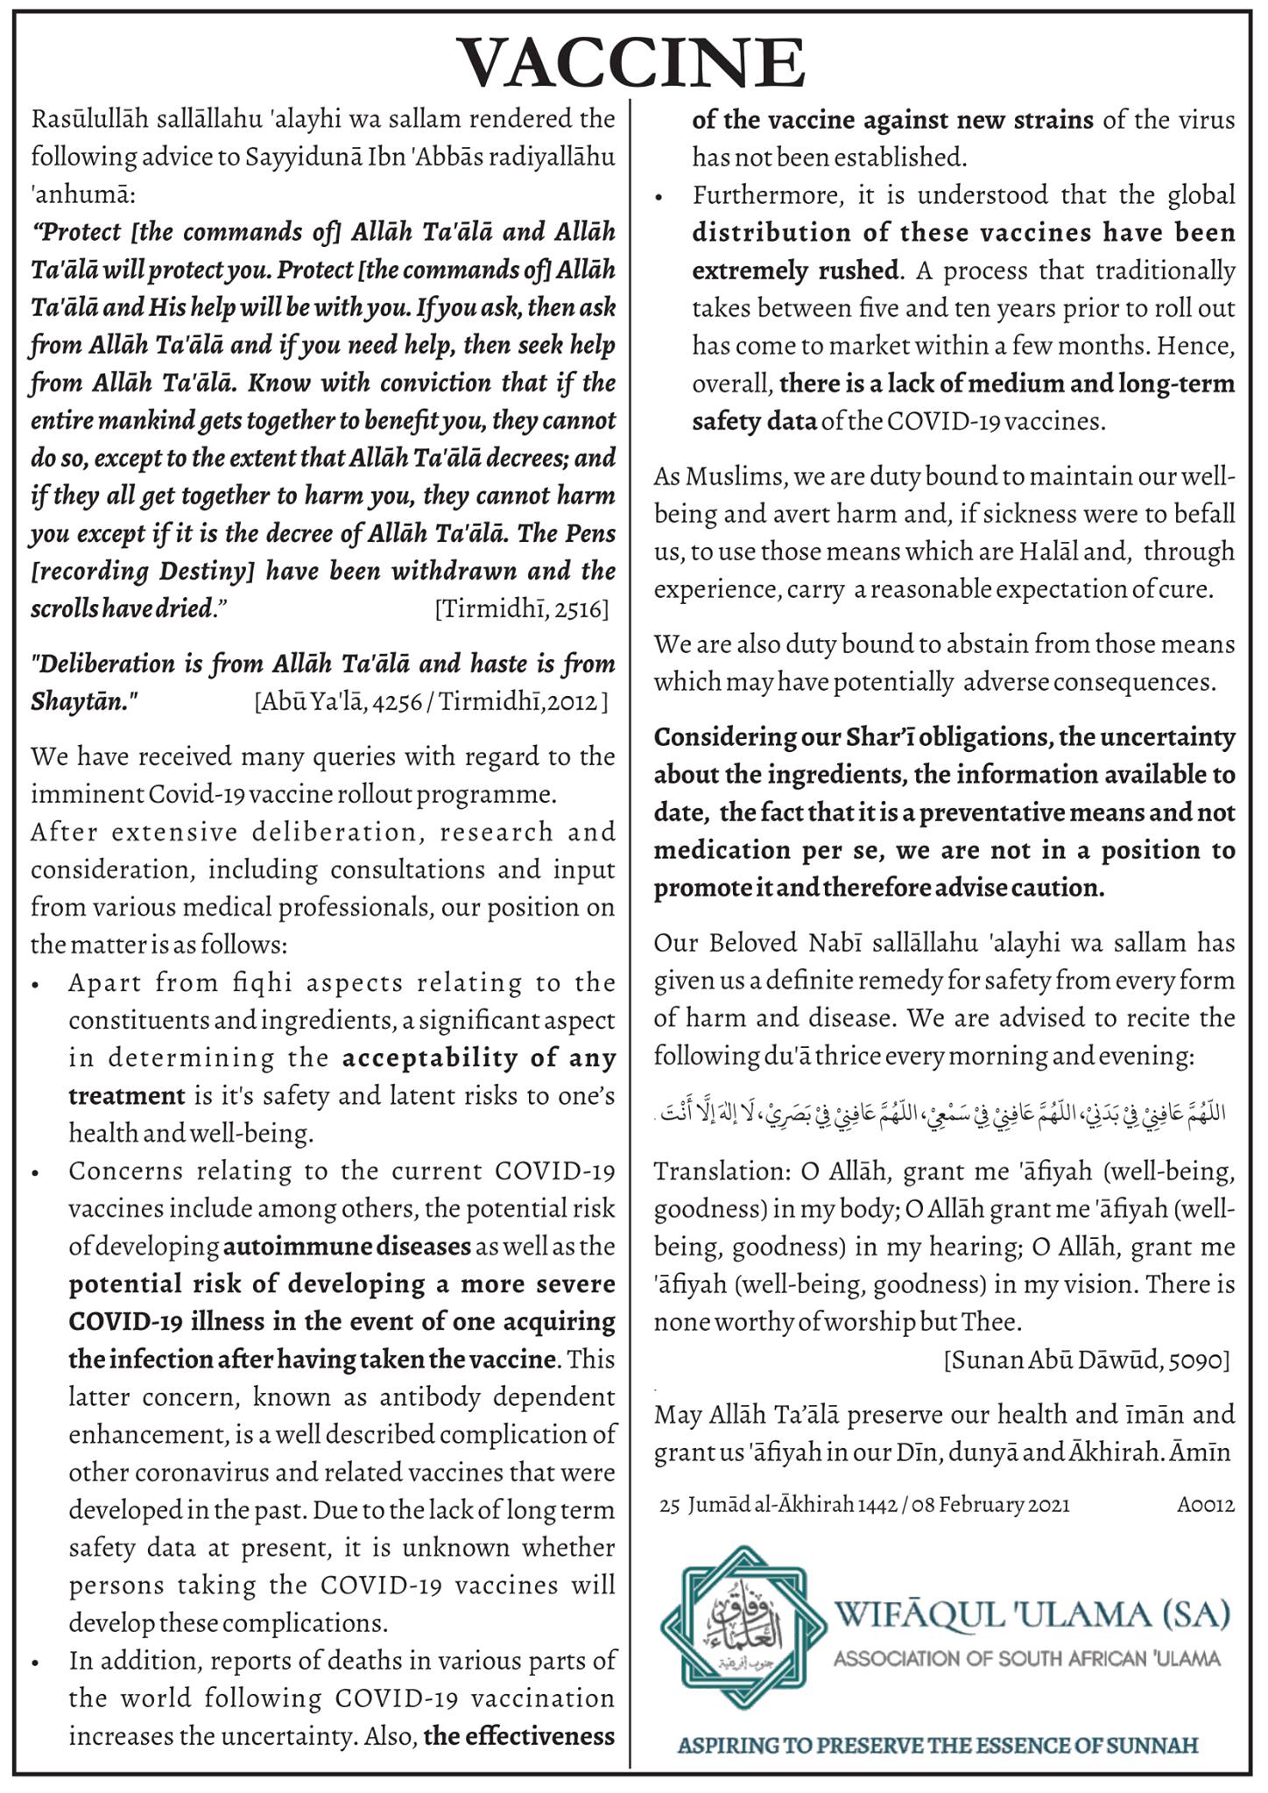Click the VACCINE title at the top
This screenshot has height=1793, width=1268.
coord(633,63)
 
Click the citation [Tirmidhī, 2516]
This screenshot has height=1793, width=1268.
coord(521,609)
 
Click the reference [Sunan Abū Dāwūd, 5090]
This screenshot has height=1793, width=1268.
coord(1087,1360)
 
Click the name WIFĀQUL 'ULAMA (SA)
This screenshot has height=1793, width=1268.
coord(1032,1613)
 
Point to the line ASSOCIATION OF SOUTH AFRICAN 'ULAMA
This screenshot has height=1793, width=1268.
coord(1026,1658)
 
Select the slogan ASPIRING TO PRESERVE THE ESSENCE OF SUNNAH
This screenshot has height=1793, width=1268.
coord(938,1745)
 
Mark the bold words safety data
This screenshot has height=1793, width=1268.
coord(754,422)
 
